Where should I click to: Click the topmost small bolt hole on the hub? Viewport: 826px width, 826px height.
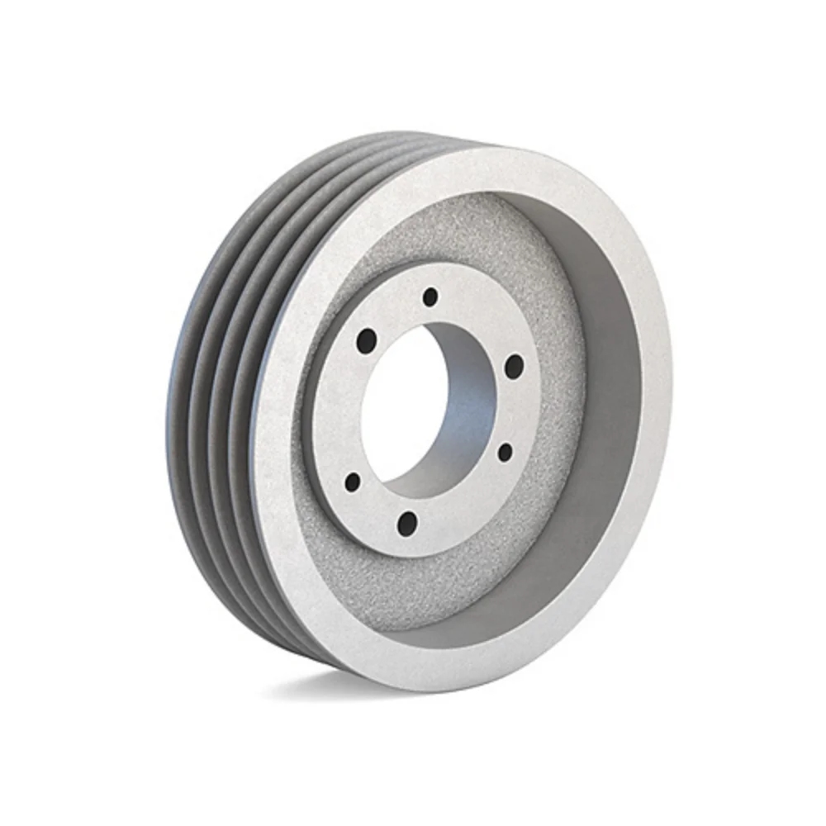click(429, 296)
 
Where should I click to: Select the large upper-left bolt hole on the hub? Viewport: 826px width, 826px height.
click(366, 338)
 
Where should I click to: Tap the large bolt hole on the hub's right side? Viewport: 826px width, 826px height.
click(513, 366)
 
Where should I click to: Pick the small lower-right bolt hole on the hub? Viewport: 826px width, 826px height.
click(504, 452)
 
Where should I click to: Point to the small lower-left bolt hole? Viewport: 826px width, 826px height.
click(353, 481)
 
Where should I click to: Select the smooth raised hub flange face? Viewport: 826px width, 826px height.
click(463, 504)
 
